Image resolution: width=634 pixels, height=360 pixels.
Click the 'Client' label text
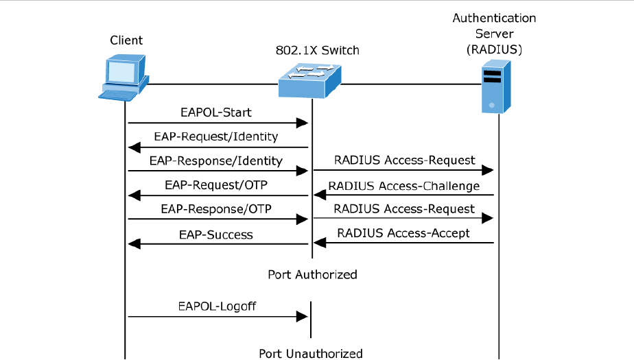pyautogui.click(x=127, y=40)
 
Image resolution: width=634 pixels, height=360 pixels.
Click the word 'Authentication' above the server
pyautogui.click(x=494, y=18)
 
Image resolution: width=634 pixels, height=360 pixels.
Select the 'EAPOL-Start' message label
pyautogui.click(x=216, y=112)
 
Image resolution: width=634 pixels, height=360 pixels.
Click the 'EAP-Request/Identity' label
pyautogui.click(x=216, y=136)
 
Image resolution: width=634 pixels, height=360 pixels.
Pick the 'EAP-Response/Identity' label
pyautogui.click(x=215, y=161)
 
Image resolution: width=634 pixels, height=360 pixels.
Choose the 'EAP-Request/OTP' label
pyautogui.click(x=216, y=185)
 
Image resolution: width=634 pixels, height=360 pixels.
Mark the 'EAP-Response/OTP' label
pyautogui.click(x=216, y=209)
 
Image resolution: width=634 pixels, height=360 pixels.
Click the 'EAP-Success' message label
pyautogui.click(x=216, y=235)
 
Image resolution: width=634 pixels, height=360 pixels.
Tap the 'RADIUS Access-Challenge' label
pyautogui.click(x=403, y=186)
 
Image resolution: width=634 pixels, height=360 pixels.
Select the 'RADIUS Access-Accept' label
pyautogui.click(x=403, y=233)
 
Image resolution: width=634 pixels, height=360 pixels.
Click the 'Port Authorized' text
pyautogui.click(x=312, y=274)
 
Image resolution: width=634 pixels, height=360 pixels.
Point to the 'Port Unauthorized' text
pyautogui.click(x=310, y=354)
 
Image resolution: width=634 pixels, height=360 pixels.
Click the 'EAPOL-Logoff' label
pyautogui.click(x=216, y=306)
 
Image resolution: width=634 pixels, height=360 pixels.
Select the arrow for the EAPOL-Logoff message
pyautogui.click(x=217, y=316)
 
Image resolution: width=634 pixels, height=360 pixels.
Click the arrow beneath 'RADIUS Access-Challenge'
pyautogui.click(x=403, y=195)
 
